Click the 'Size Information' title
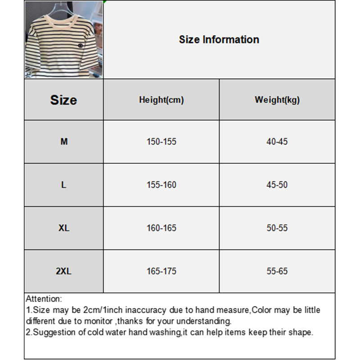point(219,40)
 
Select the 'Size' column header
point(63,100)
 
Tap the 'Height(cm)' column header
point(161,100)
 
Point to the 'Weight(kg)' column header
point(277,100)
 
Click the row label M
point(64,142)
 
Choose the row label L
point(64,185)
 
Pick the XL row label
point(64,228)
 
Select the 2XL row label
point(64,271)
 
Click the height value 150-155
point(161,142)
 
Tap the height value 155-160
point(161,185)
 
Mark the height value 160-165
point(161,228)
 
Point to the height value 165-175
point(161,271)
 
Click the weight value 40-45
point(277,142)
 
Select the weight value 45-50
point(277,185)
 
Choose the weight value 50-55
point(277,228)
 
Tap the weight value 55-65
point(277,271)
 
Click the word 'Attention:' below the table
point(44,299)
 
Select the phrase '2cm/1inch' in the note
point(102,310)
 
